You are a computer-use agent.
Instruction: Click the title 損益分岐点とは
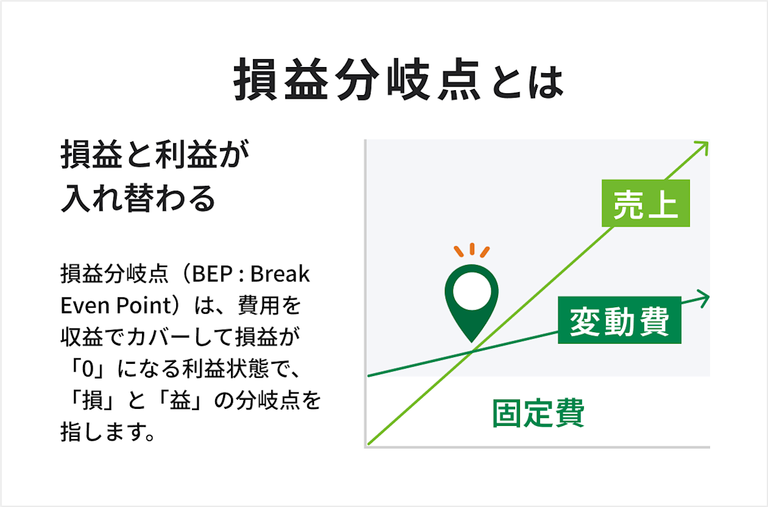click(399, 80)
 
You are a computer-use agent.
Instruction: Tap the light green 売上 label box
click(645, 203)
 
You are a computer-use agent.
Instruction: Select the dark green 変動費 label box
click(619, 321)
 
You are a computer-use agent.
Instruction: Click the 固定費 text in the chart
click(538, 414)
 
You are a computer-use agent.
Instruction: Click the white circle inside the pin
click(471, 291)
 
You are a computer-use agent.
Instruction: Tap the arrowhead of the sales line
click(703, 147)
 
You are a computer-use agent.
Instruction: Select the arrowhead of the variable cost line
click(705, 298)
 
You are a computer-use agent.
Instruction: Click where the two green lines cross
click(472, 352)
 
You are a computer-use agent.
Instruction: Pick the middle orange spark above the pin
click(471, 249)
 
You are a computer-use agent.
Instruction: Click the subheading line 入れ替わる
click(138, 199)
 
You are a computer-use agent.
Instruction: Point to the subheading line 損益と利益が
click(155, 157)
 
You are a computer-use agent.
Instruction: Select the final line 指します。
click(106, 433)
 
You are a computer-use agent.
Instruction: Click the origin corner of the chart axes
click(366, 447)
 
